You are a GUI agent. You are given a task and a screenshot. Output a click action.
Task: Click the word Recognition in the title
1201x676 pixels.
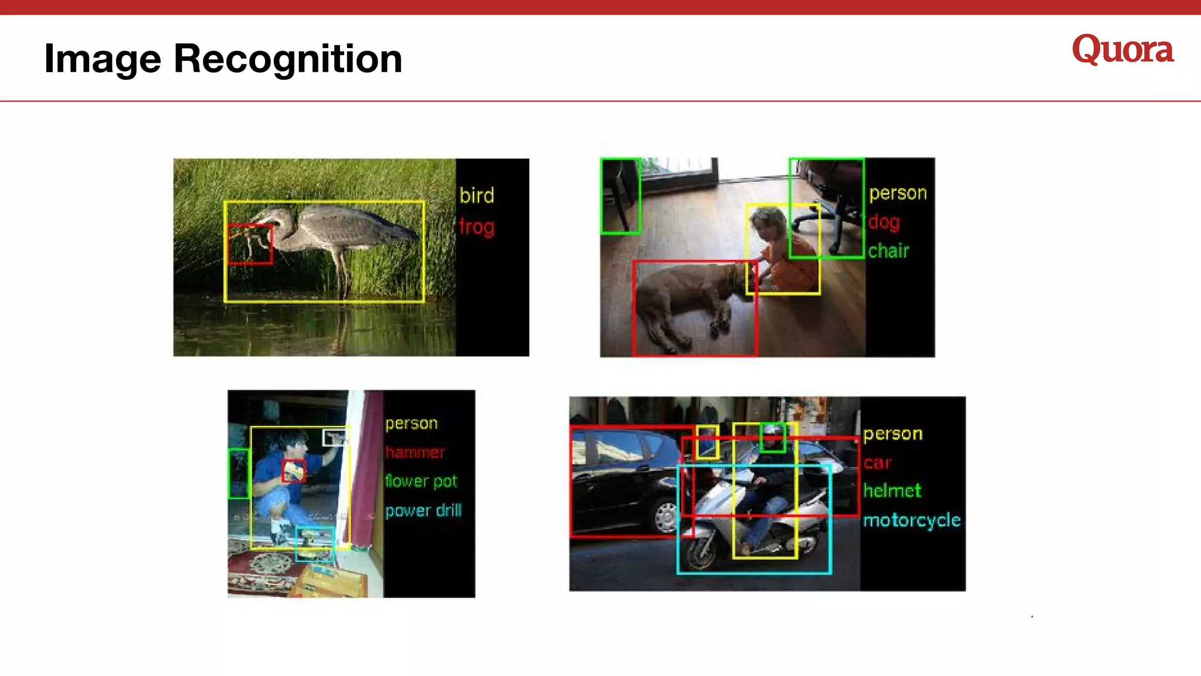pyautogui.click(x=288, y=59)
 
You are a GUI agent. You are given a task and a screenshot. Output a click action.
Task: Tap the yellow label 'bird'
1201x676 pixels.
pyautogui.click(x=476, y=195)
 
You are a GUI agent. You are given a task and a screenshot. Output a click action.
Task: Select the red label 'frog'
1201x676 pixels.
pyautogui.click(x=476, y=227)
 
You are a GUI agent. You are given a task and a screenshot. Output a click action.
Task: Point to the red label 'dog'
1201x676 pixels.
pyautogui.click(x=884, y=222)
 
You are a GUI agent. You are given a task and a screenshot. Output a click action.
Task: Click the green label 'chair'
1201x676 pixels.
pyautogui.click(x=888, y=251)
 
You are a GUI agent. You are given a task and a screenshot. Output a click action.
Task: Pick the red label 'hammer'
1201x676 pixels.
pyautogui.click(x=415, y=452)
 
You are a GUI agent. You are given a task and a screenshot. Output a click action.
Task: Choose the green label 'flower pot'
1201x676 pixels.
pyautogui.click(x=420, y=481)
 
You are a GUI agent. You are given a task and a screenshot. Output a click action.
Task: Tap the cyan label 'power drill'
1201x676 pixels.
pyautogui.click(x=423, y=511)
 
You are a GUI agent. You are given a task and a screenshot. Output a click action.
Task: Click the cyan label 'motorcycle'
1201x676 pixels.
pyautogui.click(x=911, y=520)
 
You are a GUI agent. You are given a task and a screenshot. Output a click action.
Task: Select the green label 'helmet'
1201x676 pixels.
pyautogui.click(x=892, y=491)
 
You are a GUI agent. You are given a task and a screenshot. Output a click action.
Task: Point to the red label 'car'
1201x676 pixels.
pyautogui.click(x=877, y=462)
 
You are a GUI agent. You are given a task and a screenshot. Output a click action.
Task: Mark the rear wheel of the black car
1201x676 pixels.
pyautogui.click(x=666, y=517)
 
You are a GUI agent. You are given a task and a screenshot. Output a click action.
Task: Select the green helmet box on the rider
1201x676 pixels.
pyautogui.click(x=773, y=437)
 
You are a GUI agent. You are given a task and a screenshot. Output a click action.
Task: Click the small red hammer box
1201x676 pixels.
pyautogui.click(x=294, y=470)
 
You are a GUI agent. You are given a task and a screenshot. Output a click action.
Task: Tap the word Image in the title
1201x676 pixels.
pyautogui.click(x=103, y=59)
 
